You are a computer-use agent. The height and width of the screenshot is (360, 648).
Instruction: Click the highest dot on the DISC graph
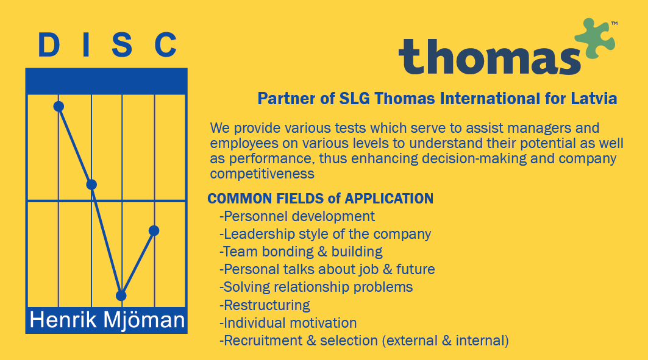click(x=59, y=107)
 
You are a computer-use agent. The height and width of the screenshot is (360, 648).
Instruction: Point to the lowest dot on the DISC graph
click(x=121, y=295)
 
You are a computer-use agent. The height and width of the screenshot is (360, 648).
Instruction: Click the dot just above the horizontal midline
click(x=91, y=185)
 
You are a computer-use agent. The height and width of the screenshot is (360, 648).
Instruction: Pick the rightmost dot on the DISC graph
click(x=154, y=231)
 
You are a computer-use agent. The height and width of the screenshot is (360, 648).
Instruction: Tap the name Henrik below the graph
click(x=63, y=320)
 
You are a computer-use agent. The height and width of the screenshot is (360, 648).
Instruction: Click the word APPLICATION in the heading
click(x=389, y=199)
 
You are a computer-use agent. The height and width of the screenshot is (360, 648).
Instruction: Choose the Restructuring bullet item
click(x=265, y=305)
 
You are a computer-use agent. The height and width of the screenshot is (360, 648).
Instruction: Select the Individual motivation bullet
click(x=288, y=323)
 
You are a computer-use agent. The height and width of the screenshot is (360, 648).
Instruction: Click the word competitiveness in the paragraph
click(x=262, y=174)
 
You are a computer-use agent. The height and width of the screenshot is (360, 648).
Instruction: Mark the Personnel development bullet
click(x=297, y=216)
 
